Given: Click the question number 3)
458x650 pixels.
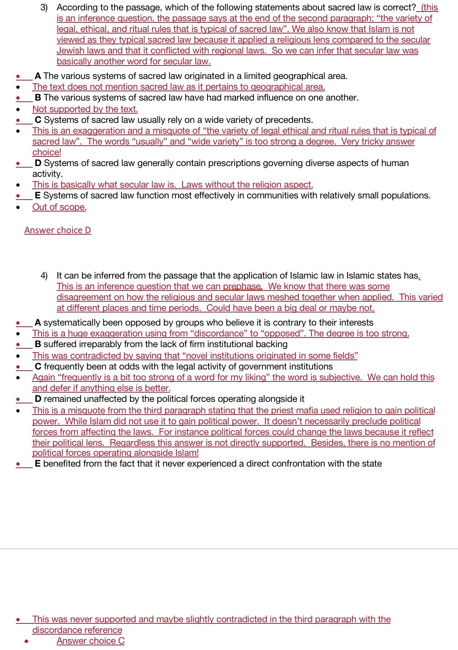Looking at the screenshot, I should coord(44,7).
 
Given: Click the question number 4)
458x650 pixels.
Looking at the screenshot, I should coord(44,275).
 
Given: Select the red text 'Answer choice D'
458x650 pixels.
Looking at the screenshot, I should coord(57,230).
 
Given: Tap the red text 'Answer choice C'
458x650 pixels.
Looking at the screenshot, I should coord(90,641).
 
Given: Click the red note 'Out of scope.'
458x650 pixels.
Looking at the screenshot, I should coord(59,207).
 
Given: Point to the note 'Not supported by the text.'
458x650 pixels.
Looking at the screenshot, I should coord(85,109).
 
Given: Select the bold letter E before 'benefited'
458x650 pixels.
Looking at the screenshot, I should coord(37,464).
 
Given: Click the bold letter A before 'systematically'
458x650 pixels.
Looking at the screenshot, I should coord(38,322).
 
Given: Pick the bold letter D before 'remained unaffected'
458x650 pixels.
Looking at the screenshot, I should coord(38,399).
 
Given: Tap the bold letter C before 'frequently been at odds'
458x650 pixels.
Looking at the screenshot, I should coord(38,366).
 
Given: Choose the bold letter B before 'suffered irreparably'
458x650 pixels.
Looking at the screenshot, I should coord(38,344).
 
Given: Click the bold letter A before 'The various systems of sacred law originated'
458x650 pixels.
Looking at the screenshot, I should coord(38,76).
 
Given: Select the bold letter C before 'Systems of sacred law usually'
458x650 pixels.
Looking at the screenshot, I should coord(38,120).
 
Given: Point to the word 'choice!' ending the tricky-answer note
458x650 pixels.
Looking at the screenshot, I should coord(47,152).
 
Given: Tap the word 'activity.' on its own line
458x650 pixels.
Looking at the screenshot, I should coord(47,174).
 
